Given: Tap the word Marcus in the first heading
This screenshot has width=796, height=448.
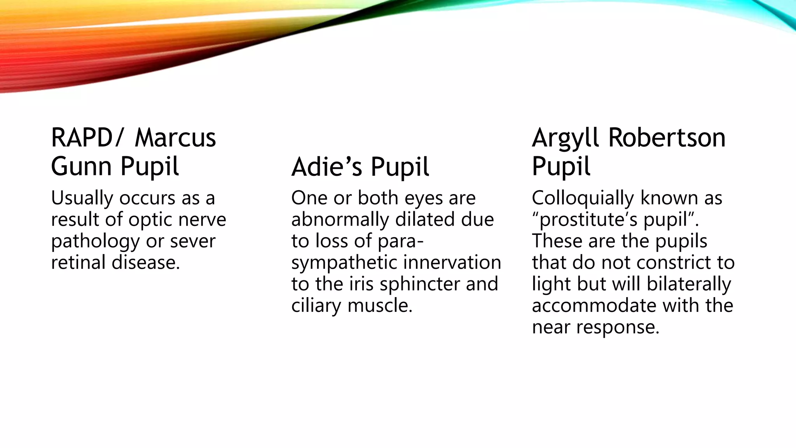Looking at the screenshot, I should pos(175,138).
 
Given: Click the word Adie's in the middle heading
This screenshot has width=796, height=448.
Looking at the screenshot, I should pos(327,167).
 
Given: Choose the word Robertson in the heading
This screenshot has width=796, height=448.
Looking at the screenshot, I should pos(667,138).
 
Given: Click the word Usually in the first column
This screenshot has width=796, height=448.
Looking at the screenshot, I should pos(82,199).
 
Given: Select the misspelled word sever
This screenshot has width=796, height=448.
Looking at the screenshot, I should pos(193,241).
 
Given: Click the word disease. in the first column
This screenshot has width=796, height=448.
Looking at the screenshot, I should pos(146,262).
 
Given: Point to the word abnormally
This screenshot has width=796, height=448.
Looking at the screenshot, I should pos(340,220).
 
